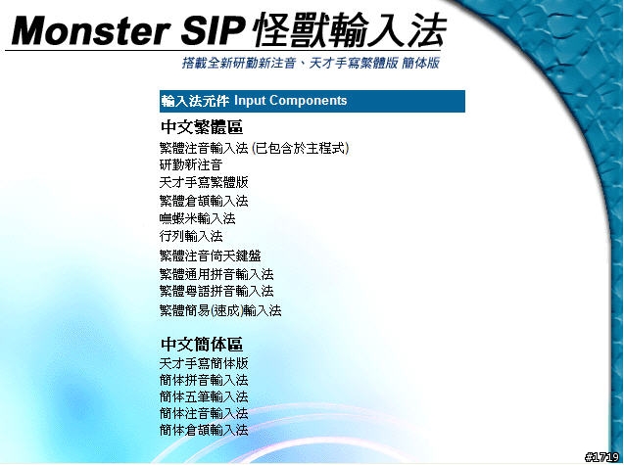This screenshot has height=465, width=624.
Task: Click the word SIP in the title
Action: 213,31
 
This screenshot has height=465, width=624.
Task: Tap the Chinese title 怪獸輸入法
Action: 350,30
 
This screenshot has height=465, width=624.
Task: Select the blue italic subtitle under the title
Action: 311,63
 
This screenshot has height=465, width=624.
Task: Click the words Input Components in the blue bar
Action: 291,101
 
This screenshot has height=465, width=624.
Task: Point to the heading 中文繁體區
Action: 202,127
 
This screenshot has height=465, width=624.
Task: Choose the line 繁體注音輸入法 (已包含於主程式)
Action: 254,149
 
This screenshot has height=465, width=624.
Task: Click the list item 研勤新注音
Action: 191,164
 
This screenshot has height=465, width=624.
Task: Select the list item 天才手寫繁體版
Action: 204,183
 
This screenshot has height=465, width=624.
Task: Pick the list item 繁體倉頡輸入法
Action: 204,201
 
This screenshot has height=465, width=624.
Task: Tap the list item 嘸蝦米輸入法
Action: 198,218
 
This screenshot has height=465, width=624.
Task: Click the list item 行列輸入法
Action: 191,236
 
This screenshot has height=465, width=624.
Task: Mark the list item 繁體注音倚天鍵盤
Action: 210,256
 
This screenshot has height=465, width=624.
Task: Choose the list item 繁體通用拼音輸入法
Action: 216,274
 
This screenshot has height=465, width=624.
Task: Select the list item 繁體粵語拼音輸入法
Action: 216,291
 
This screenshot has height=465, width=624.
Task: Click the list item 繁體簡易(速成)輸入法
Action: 220,310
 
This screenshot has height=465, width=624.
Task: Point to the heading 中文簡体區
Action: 202,345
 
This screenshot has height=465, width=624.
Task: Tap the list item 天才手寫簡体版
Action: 204,363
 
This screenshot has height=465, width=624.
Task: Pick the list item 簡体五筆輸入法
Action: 204,396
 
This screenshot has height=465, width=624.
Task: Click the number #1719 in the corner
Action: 602,457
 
